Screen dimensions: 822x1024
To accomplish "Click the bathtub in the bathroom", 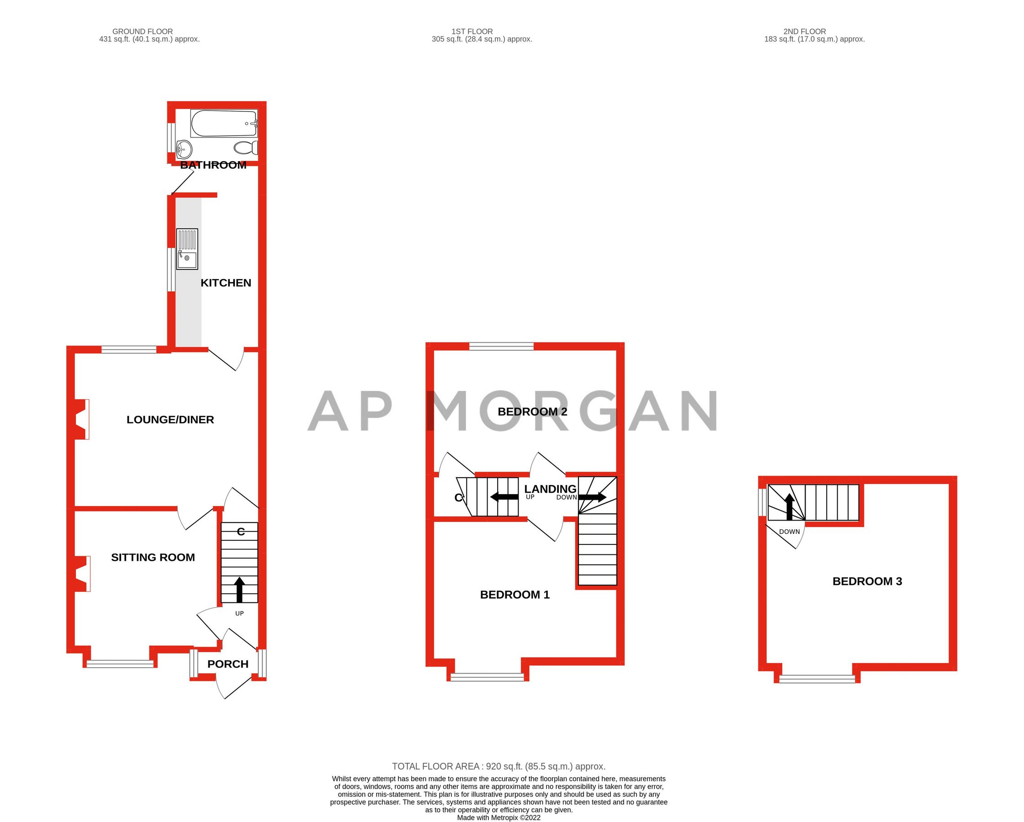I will [224, 123].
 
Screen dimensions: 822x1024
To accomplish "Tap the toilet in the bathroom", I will [245, 148].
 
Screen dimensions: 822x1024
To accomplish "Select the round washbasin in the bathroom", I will [184, 149].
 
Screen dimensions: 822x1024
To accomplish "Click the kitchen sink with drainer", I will [187, 249].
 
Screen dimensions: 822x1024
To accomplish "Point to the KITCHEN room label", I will [226, 283].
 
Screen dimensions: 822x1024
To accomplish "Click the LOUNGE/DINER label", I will [170, 420].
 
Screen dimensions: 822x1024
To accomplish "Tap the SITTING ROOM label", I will [153, 557].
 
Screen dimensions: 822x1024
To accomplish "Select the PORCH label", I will [228, 664].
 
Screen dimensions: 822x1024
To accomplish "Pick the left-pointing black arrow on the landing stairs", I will [504, 497].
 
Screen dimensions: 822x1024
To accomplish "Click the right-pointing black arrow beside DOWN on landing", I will [592, 497].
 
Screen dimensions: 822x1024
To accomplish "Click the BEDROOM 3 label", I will [867, 581].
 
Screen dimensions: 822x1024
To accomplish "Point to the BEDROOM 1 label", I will [515, 595].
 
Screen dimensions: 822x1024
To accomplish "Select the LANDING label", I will [550, 489].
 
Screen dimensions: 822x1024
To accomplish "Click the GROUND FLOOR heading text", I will [143, 32].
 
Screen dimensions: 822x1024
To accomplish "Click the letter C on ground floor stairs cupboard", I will [241, 532].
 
